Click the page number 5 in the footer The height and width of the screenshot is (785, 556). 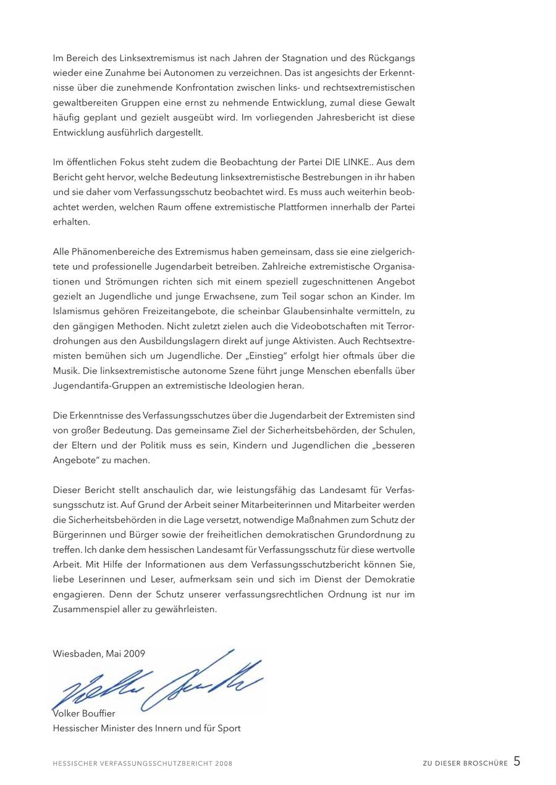pos(516,762)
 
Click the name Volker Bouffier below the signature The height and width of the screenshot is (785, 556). pos(84,713)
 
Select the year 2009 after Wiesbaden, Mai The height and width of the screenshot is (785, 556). pos(134,654)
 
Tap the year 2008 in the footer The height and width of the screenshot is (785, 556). pos(224,764)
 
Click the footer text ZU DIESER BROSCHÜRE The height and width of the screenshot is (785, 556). pos(465,764)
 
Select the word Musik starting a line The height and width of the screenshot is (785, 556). pos(65,371)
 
